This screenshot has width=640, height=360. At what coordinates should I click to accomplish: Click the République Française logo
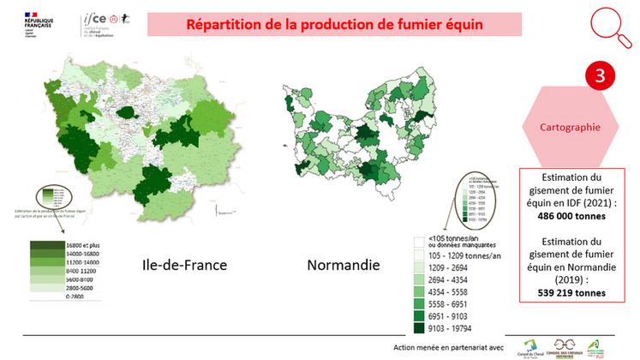[x=26, y=21]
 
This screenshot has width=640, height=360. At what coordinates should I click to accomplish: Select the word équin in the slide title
[x=459, y=24]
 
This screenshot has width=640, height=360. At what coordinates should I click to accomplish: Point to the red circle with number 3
[x=600, y=75]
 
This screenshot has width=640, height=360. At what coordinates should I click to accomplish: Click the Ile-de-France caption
[x=184, y=265]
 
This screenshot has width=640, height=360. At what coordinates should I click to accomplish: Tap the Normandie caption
[x=343, y=265]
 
